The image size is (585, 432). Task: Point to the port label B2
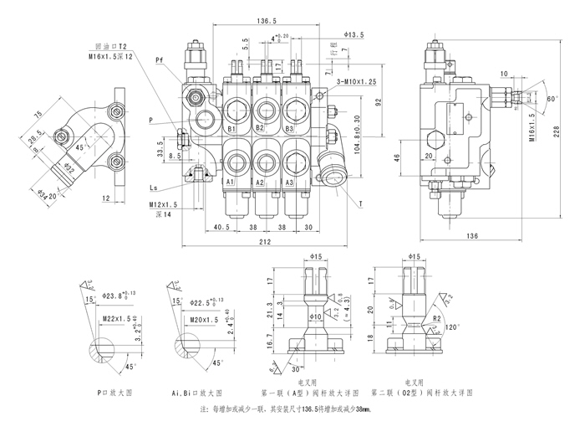260,129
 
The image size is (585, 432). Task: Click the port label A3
288,182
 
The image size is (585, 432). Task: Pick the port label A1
230,182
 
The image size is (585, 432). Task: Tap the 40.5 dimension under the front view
221,227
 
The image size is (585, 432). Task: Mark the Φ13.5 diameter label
354,34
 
